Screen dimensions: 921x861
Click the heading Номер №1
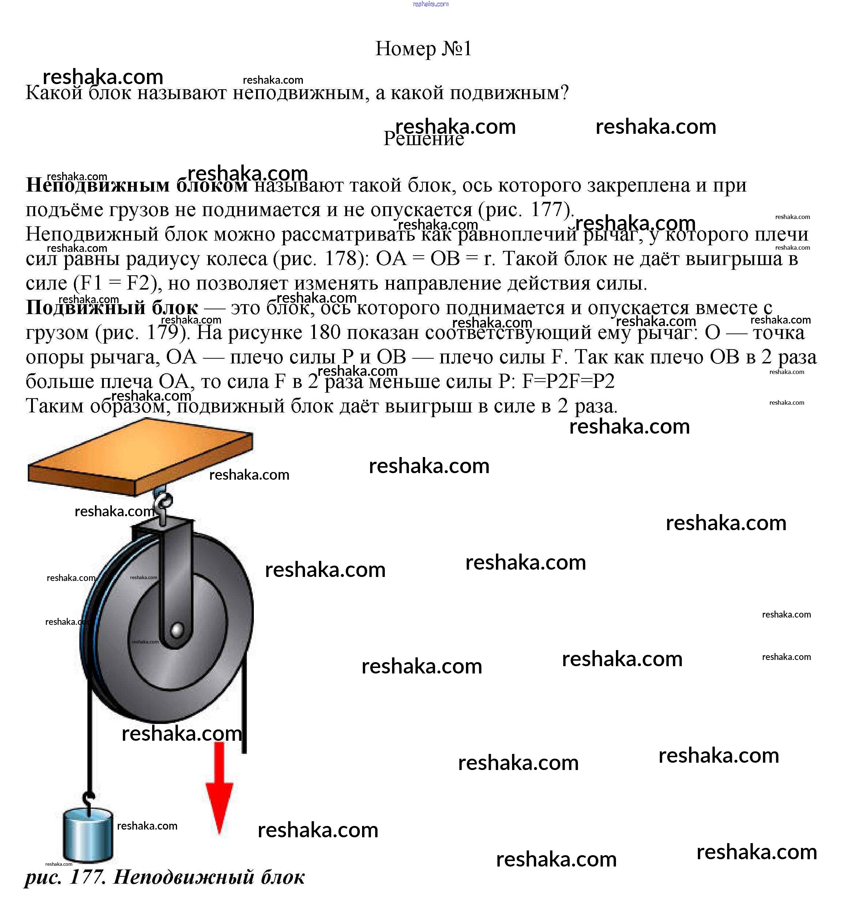[x=423, y=49]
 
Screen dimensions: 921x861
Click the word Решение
[x=423, y=139]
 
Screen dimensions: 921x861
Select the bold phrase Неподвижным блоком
[x=137, y=185]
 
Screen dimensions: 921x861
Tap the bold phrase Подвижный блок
[x=112, y=307]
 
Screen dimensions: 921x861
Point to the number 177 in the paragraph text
[x=546, y=210]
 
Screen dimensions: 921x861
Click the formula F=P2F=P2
[x=568, y=381]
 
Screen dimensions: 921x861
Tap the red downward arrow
[x=219, y=788]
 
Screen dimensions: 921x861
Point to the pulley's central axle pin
[x=177, y=630]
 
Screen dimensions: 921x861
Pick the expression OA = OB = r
[x=435, y=258]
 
